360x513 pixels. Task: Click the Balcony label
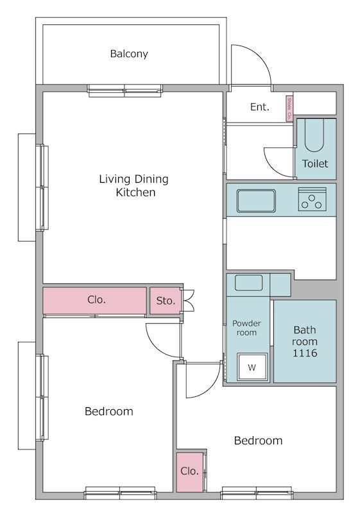click(129, 54)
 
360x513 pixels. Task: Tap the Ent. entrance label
click(259, 107)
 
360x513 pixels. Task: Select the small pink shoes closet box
click(290, 108)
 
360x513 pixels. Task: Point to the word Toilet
click(315, 164)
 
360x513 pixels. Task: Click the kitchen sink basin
click(256, 200)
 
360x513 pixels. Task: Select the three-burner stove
click(312, 199)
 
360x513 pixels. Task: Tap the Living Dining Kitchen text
click(133, 185)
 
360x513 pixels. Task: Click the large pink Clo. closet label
click(96, 299)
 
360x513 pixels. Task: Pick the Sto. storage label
click(166, 300)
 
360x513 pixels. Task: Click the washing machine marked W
click(252, 367)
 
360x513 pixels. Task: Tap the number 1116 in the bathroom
click(305, 353)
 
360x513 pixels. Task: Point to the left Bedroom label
click(109, 411)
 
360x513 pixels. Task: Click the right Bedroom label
click(258, 441)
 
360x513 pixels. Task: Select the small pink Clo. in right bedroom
click(190, 471)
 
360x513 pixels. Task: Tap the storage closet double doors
click(188, 300)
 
